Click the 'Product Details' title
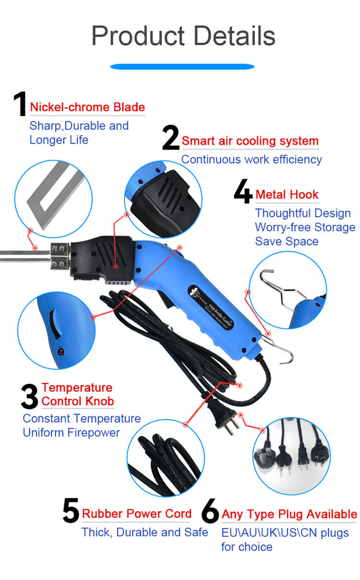point(183,36)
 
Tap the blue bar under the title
point(182,67)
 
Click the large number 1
point(19,104)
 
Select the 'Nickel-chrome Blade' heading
point(87,107)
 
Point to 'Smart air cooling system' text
point(250,141)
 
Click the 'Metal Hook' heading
point(287,194)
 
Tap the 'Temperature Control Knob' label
point(77,394)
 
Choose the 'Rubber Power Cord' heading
point(137,514)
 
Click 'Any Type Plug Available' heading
point(289,514)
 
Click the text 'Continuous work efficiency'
point(251,159)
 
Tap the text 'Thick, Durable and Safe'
point(144,532)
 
